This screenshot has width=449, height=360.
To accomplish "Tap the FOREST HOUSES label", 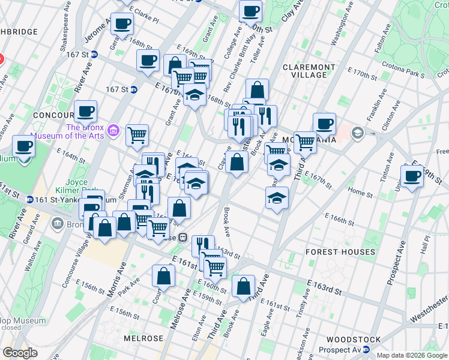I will pyautogui.click(x=340, y=252).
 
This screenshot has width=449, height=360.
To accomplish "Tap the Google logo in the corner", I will pyautogui.click(x=20, y=353).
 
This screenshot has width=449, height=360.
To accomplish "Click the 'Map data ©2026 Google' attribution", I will pyautogui.click(x=412, y=355).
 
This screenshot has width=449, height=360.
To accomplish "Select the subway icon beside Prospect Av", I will pyautogui.click(x=376, y=340).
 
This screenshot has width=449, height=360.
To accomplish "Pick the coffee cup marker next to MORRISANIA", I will pyautogui.click(x=324, y=124).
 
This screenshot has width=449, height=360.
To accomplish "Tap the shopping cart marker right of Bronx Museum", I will pyautogui.click(x=137, y=135).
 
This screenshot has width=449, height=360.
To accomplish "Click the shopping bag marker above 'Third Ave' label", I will pyautogui.click(x=243, y=287).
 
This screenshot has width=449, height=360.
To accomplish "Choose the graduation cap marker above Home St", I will pyautogui.click(x=276, y=197).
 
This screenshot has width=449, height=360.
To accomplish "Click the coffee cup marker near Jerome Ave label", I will pyautogui.click(x=122, y=25).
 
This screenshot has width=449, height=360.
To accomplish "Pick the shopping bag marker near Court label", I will pyautogui.click(x=164, y=276).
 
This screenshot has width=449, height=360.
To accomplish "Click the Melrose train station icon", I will pyautogui.click(x=181, y=238).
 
